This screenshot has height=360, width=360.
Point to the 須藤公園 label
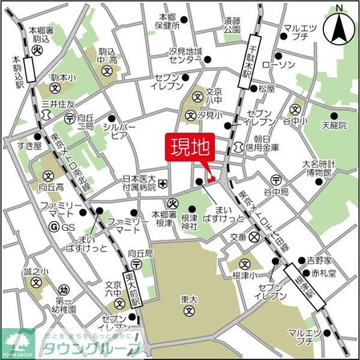233,23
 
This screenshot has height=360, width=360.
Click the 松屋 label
267,87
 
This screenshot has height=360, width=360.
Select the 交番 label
237,237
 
